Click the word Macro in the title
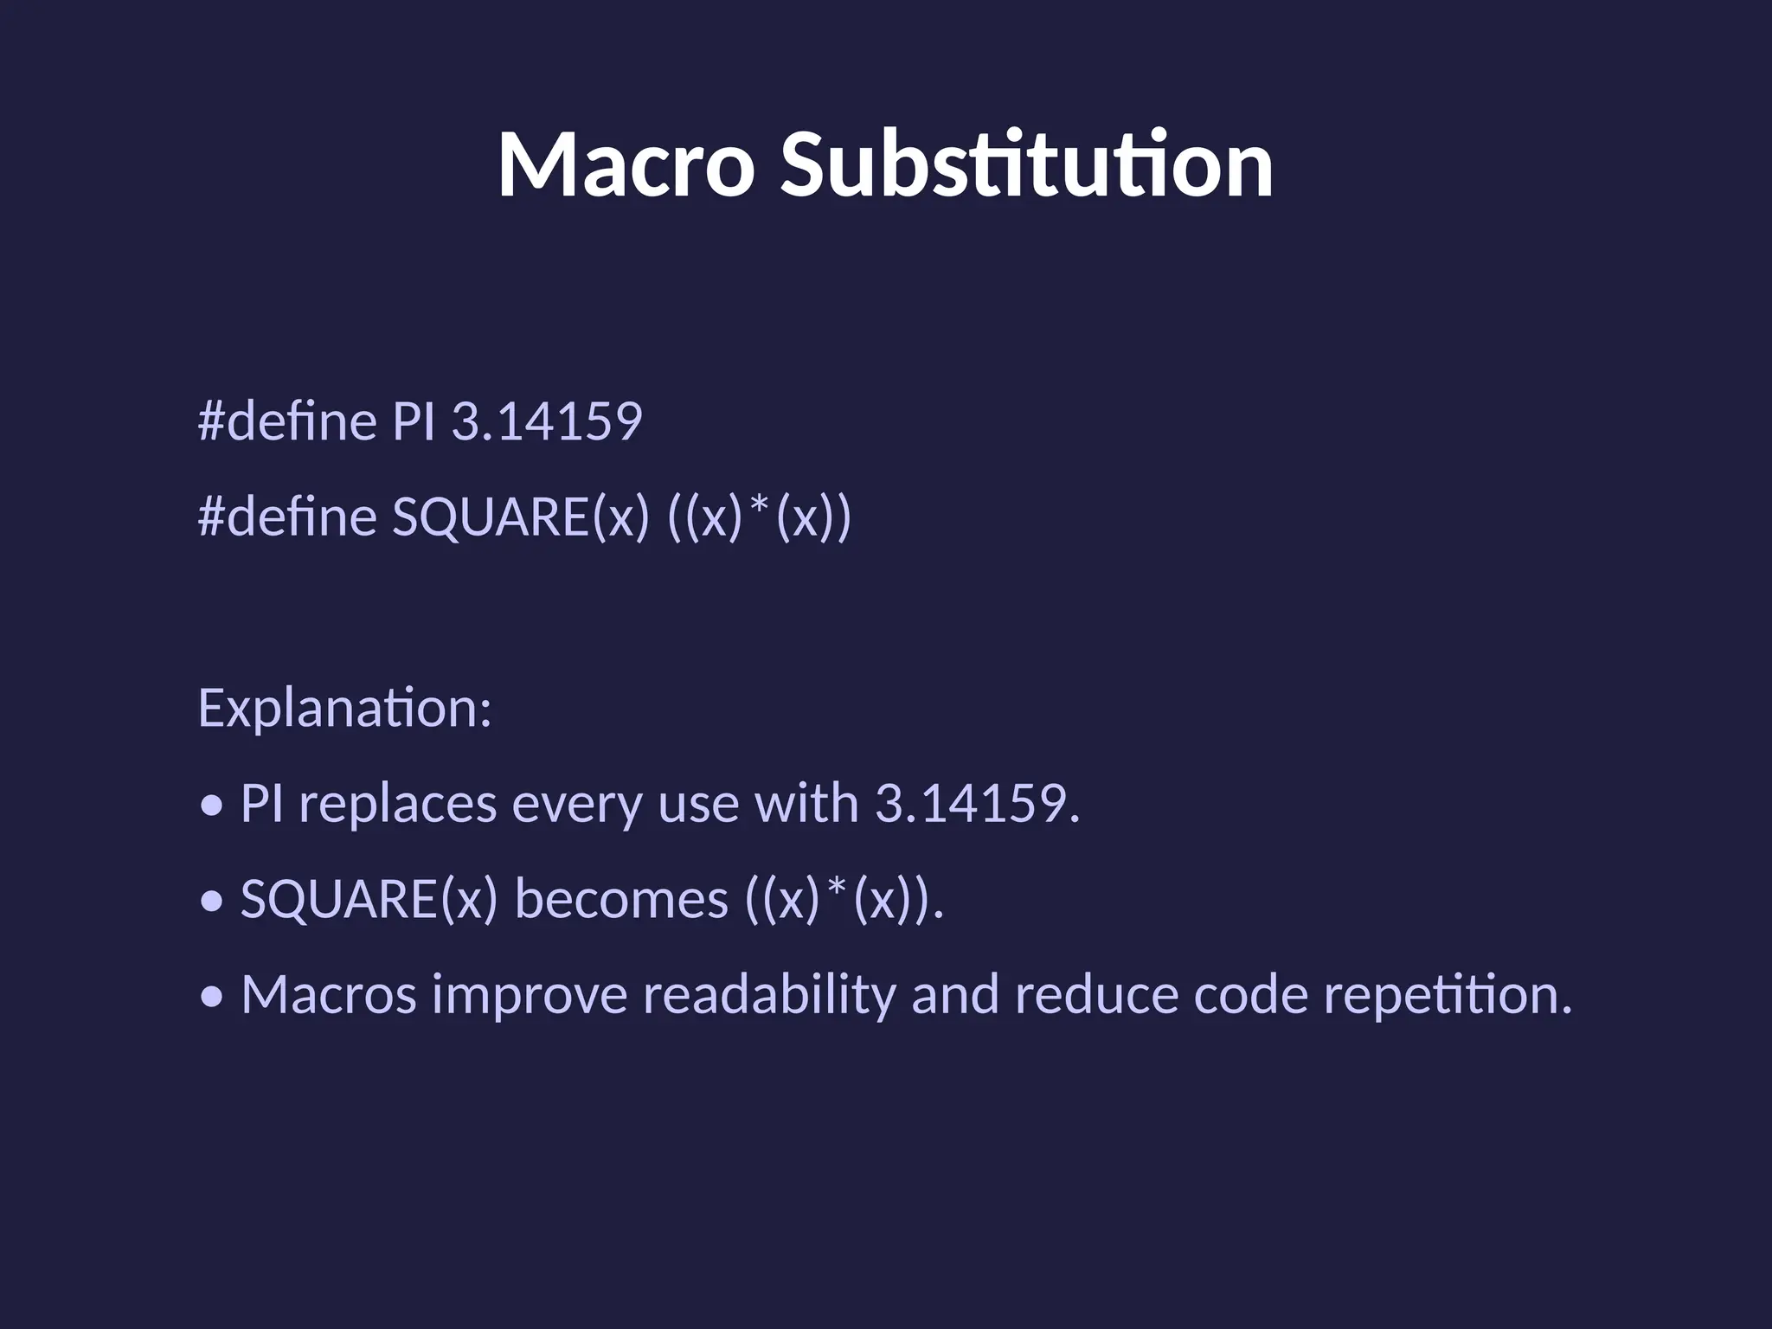pyautogui.click(x=626, y=164)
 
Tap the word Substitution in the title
pyautogui.click(x=1026, y=164)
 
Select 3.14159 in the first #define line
pyautogui.click(x=547, y=422)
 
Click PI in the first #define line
pyautogui.click(x=413, y=422)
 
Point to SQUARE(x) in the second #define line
pyautogui.click(x=520, y=517)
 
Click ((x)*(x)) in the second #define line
pyautogui.click(x=760, y=517)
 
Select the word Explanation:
pyautogui.click(x=344, y=708)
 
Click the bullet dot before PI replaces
pyautogui.click(x=211, y=806)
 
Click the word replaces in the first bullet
pyautogui.click(x=398, y=804)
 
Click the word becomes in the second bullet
pyautogui.click(x=621, y=899)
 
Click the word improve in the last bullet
pyautogui.click(x=530, y=995)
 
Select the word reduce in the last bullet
pyautogui.click(x=1096, y=995)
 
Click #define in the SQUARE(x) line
pyautogui.click(x=287, y=517)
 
